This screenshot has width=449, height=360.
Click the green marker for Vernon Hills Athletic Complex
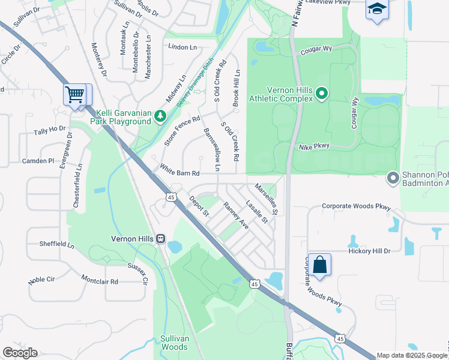click(322, 93)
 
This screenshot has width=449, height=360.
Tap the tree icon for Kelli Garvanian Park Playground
click(160, 115)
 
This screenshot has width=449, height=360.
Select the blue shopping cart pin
click(74, 94)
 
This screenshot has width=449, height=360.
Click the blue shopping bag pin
click(320, 265)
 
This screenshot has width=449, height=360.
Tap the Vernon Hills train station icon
click(160, 238)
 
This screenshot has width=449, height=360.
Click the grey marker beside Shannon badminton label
click(393, 178)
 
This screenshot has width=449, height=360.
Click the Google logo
click(20, 353)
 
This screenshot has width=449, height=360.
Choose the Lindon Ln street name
click(182, 47)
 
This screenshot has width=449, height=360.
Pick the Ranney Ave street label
click(236, 215)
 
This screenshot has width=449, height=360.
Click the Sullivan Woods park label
click(175, 343)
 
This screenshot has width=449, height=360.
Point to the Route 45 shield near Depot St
click(172, 197)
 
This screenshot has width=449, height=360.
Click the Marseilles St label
click(266, 199)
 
